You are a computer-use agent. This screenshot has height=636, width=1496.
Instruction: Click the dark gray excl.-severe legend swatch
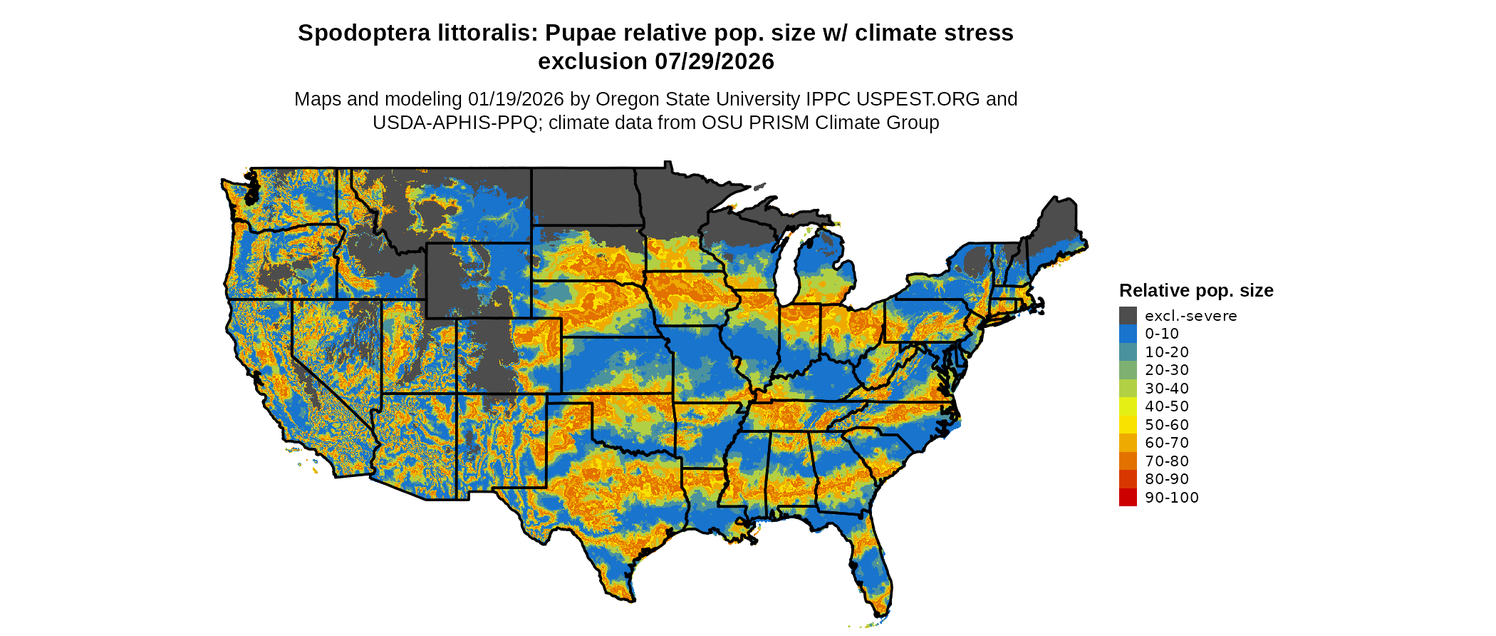1128,316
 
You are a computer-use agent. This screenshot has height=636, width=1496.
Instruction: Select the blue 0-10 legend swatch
1128,334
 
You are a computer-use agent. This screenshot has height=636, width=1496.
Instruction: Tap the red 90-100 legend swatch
1128,498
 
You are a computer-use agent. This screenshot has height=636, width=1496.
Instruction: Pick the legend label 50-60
1167,425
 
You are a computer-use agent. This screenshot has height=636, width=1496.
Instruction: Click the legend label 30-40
1167,389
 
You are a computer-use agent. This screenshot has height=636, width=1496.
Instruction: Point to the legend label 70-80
1167,461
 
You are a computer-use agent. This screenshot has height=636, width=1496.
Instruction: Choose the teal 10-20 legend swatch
1128,352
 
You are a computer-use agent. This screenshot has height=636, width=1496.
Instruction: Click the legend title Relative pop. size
1196,291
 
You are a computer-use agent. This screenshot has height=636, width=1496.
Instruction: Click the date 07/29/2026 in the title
715,62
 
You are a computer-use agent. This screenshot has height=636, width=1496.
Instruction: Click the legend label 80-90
1167,479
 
